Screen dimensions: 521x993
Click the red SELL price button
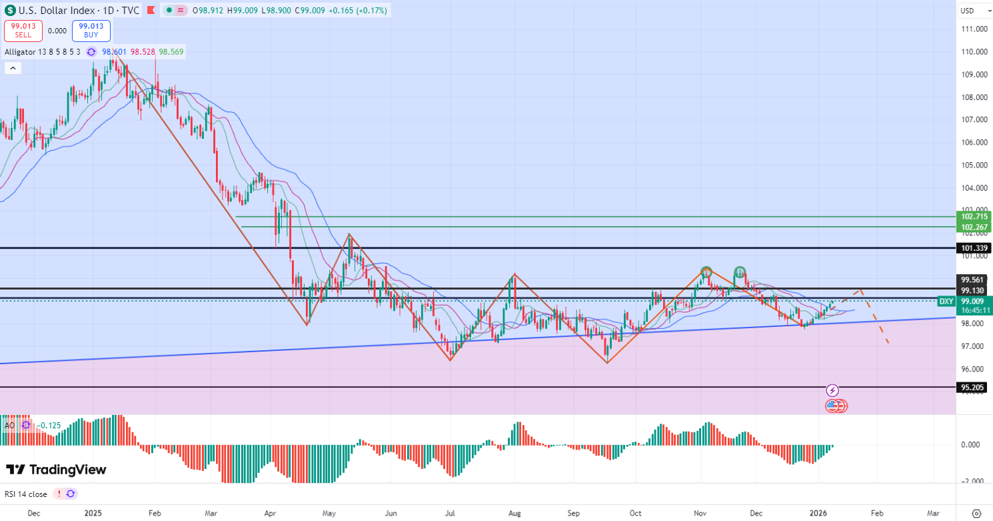click(23, 31)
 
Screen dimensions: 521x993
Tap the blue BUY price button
click(91, 31)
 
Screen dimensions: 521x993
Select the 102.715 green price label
click(974, 217)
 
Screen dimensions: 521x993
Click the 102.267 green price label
click(974, 227)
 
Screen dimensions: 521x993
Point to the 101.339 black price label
click(973, 248)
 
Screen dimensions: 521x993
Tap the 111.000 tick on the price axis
click(973, 29)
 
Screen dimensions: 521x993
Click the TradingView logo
click(56, 470)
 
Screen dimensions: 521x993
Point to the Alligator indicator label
click(41, 52)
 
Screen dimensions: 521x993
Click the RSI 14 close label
click(27, 494)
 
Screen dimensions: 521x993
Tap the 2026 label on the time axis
click(818, 513)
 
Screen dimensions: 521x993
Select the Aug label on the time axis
click(514, 513)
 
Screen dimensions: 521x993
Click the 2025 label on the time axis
click(93, 513)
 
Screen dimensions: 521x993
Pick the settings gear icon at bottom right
click(977, 513)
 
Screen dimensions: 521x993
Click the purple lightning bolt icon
click(832, 390)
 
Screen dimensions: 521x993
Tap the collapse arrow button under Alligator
click(13, 68)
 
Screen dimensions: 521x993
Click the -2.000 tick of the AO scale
click(973, 481)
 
